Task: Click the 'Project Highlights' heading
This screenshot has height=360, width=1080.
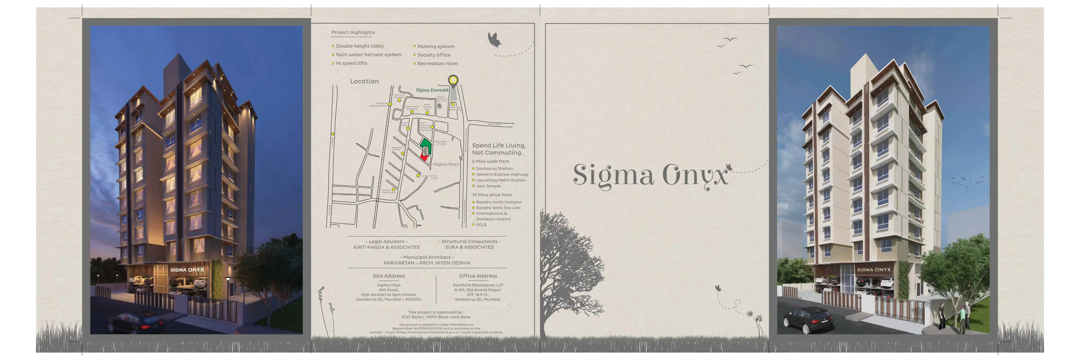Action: pos(353,32)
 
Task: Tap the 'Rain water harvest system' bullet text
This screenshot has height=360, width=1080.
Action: pos(368,54)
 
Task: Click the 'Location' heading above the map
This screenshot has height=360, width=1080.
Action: pos(364,81)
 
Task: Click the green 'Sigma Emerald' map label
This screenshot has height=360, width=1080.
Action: pos(432,90)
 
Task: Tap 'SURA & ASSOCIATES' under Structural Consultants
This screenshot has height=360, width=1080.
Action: pos(469,247)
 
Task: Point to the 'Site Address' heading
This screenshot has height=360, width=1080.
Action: pos(389,276)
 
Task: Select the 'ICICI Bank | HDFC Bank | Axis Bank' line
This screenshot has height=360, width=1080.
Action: pos(436,317)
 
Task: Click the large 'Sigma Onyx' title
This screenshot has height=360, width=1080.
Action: pos(650,175)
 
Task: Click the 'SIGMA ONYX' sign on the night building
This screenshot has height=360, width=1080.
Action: pos(187,270)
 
